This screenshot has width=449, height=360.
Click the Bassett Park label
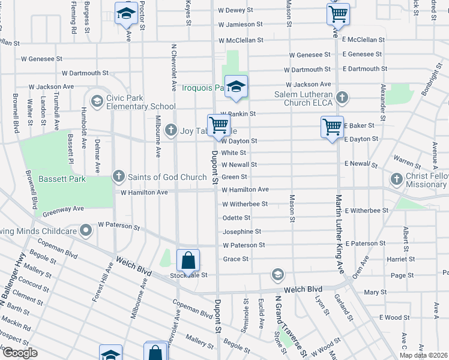[x=62, y=179]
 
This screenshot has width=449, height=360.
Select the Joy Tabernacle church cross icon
[x=171, y=130]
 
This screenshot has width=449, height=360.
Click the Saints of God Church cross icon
[x=118, y=176]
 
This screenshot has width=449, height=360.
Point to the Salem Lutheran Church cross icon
[x=342, y=97]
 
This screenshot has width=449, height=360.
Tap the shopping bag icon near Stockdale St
[x=188, y=260]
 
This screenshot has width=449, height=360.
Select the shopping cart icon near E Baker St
[x=332, y=127]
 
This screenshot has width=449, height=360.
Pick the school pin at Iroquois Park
[x=237, y=86]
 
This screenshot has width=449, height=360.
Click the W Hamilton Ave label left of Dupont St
[x=144, y=193]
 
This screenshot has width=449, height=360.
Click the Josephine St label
[x=241, y=231]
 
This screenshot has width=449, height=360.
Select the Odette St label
[x=236, y=217]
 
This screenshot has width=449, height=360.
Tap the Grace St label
[x=235, y=259]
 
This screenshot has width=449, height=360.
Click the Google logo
[x=20, y=353]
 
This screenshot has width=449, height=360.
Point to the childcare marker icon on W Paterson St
[x=87, y=230]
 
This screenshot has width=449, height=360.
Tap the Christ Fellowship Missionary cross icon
[x=397, y=179]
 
